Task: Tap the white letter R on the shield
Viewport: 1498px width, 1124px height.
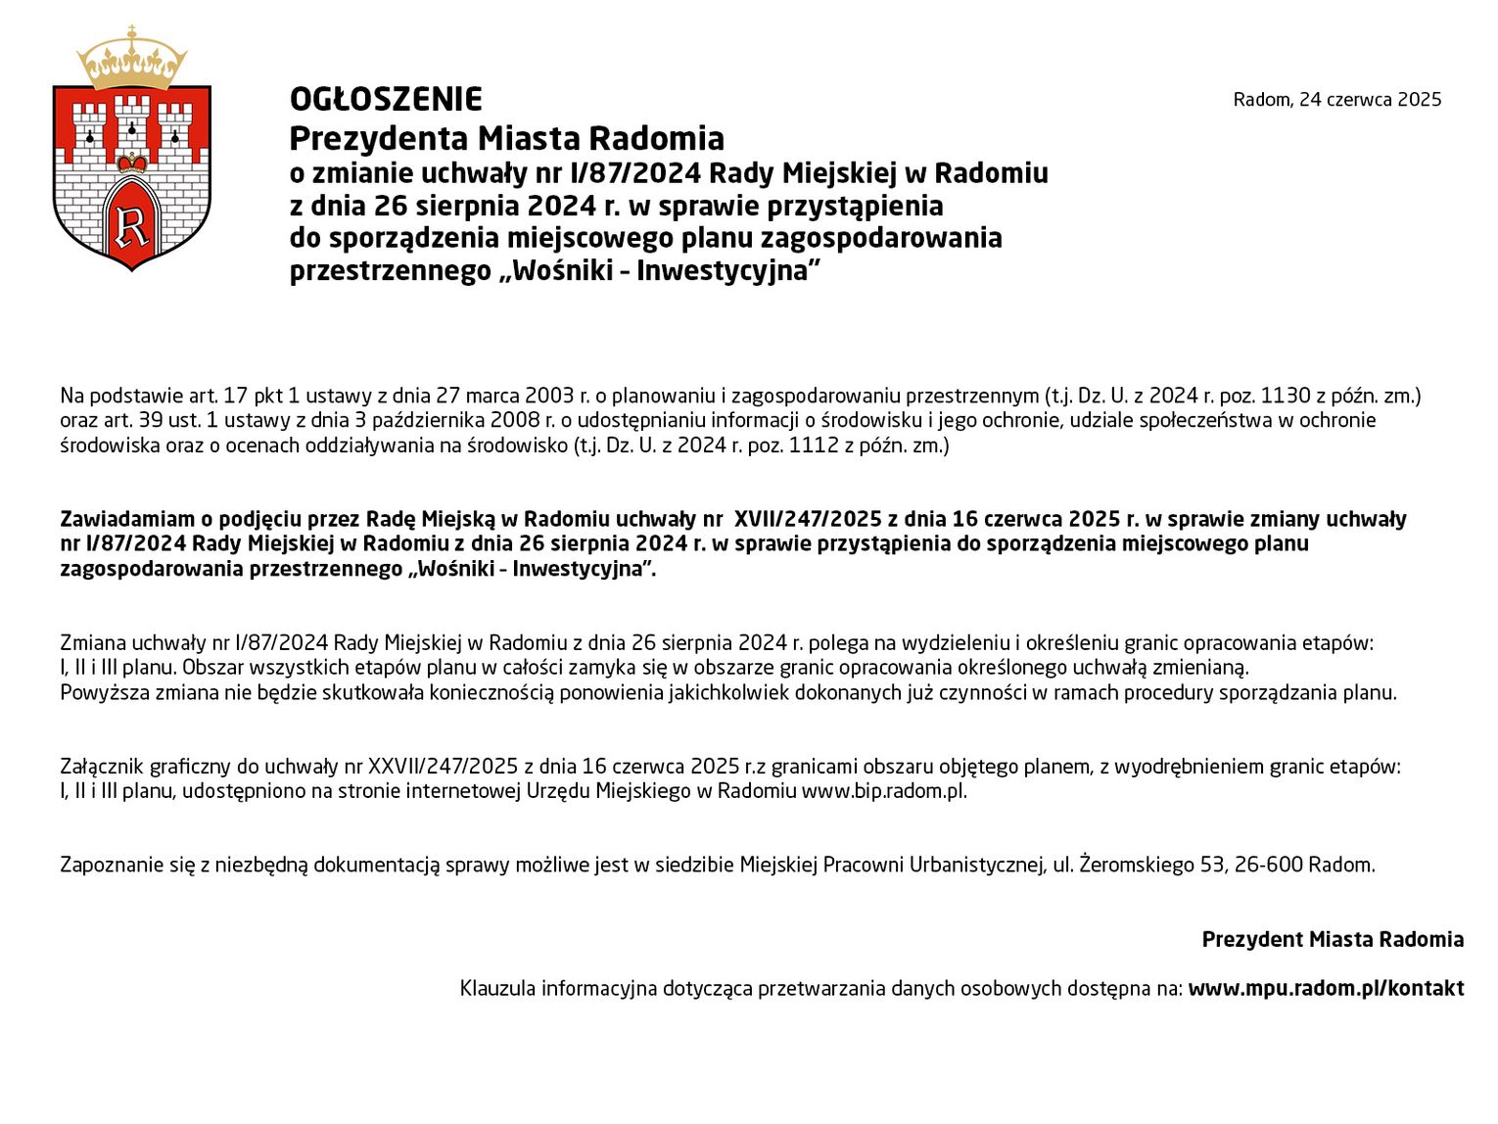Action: (x=132, y=226)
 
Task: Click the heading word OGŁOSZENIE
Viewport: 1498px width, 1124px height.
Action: (x=386, y=100)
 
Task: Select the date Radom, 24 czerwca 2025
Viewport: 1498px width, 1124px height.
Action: (x=1336, y=100)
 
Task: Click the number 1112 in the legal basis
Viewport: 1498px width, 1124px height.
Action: (x=813, y=445)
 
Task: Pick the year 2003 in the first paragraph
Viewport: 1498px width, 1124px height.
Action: (x=550, y=396)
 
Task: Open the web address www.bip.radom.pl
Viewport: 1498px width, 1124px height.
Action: (x=883, y=791)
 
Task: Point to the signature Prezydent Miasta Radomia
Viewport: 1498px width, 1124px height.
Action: (x=1333, y=940)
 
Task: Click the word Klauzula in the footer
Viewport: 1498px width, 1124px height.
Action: (x=497, y=989)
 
